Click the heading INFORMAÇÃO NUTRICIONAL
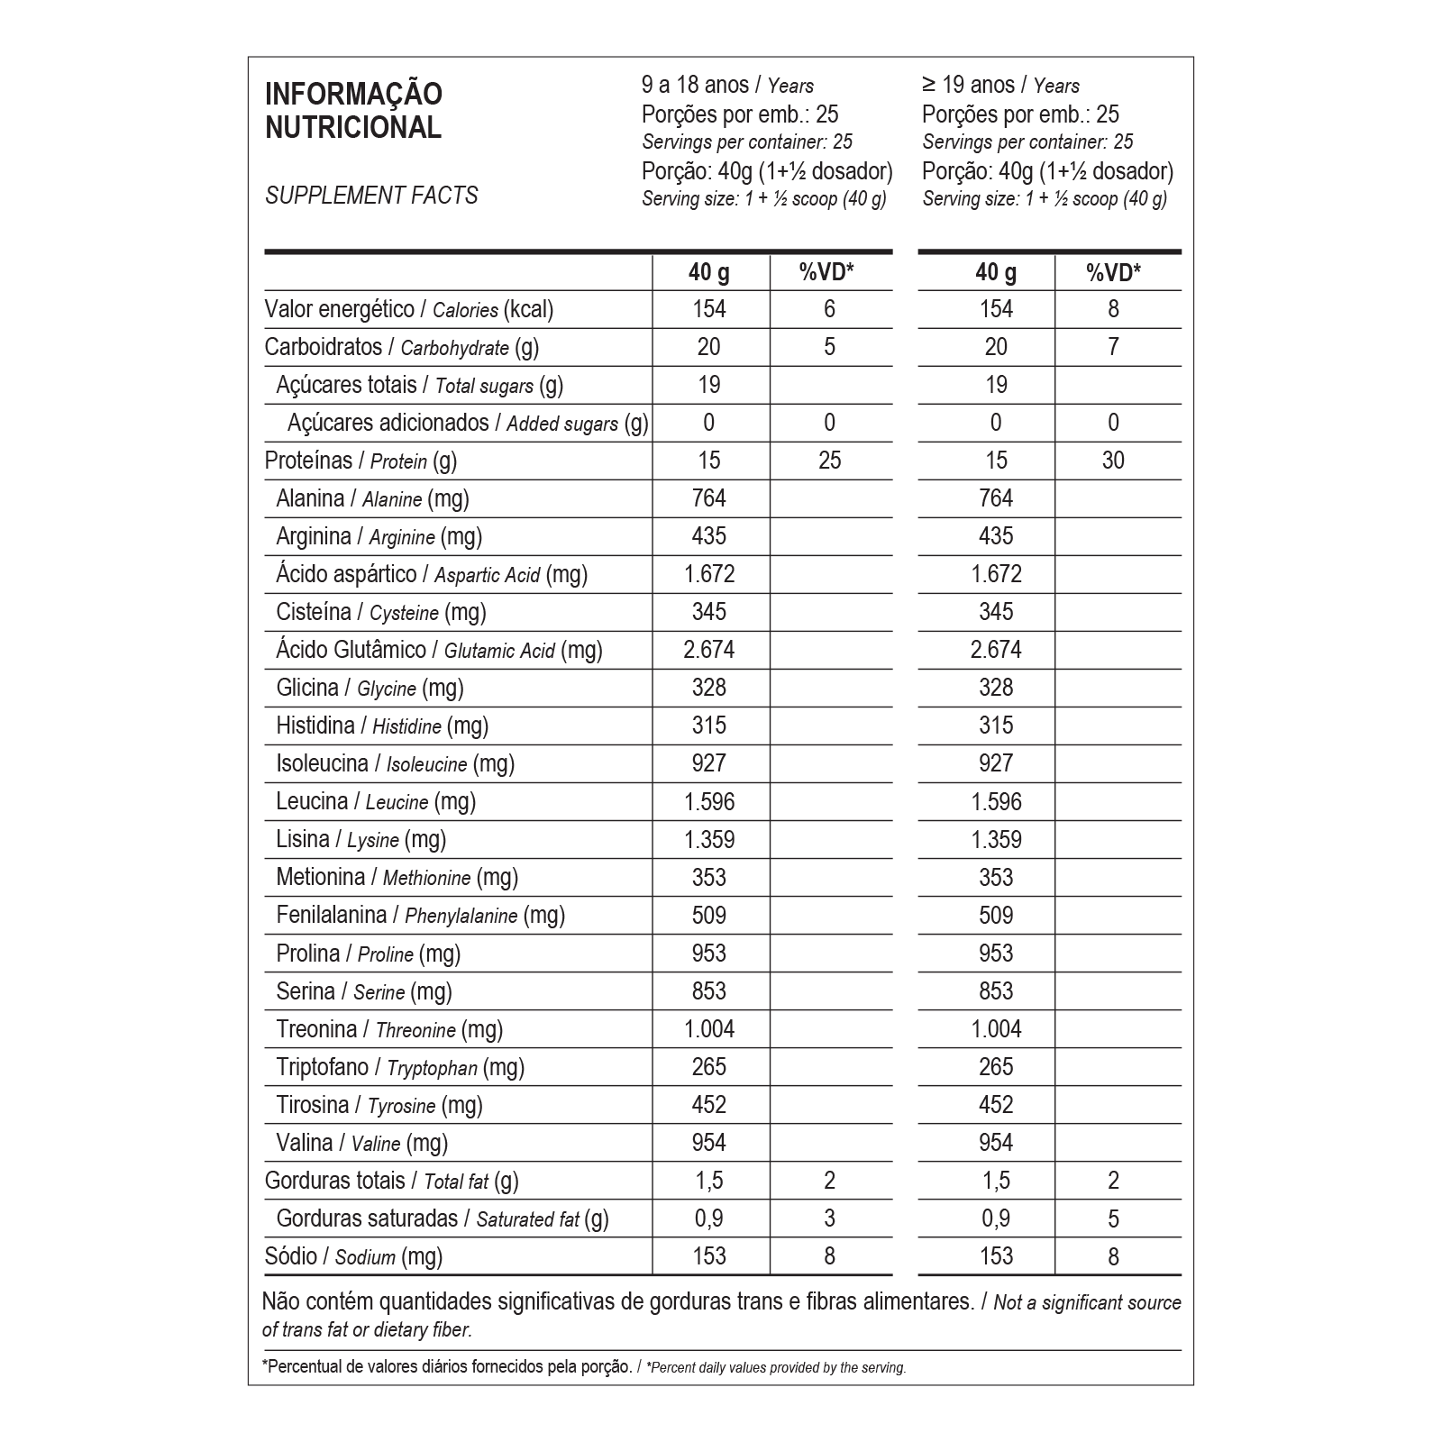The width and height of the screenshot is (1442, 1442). [x=353, y=111]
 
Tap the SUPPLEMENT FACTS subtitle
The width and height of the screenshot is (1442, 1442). [x=371, y=196]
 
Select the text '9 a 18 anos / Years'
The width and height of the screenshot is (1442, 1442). [x=727, y=86]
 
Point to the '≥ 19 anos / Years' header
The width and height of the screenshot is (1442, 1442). [x=1000, y=86]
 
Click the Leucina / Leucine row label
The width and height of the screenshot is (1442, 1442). [x=376, y=802]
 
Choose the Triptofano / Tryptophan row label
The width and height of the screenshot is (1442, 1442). [x=400, y=1068]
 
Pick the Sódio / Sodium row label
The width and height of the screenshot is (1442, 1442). [x=353, y=1257]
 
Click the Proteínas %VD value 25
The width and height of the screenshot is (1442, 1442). [x=829, y=461]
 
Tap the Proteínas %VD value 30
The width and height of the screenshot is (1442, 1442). [x=1113, y=461]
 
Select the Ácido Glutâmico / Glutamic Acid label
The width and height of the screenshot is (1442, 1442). [x=439, y=651]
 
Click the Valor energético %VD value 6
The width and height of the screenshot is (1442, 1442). [x=829, y=309]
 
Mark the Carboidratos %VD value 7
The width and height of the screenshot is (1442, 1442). [x=1113, y=347]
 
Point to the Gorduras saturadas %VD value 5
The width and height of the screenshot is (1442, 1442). [x=1113, y=1219]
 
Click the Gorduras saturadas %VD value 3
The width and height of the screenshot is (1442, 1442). [x=829, y=1219]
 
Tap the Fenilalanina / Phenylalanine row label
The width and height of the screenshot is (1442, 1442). [x=420, y=916]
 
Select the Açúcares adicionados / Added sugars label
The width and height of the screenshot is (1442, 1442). [x=468, y=424]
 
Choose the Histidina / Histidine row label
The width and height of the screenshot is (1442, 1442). [x=382, y=726]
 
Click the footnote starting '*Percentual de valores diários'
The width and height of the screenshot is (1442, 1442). [x=584, y=1367]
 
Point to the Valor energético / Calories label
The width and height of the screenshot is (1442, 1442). [x=409, y=310]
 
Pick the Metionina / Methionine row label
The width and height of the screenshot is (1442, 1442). [x=397, y=878]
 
